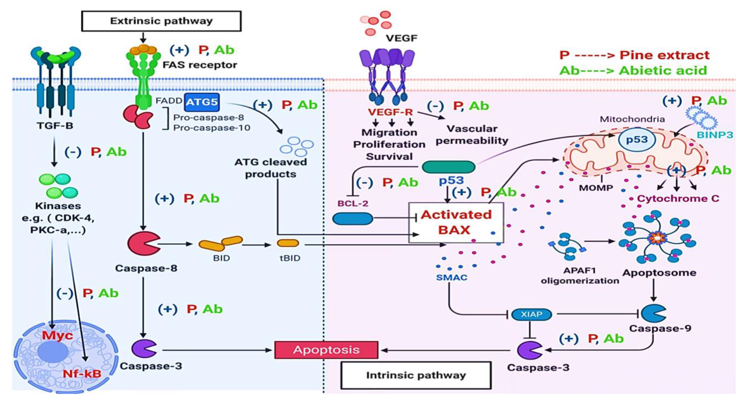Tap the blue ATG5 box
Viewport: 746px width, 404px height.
[202, 102]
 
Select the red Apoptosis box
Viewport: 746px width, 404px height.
[326, 350]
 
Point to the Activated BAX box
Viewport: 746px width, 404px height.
[456, 222]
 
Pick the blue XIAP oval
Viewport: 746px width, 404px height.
[531, 314]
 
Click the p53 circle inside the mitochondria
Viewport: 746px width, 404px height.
[637, 140]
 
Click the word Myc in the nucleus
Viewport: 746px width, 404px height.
[57, 335]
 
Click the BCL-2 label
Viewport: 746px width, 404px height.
[353, 204]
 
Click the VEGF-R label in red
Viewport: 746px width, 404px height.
[390, 112]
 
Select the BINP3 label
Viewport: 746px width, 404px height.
[715, 135]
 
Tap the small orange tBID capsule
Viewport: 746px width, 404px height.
[288, 243]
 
